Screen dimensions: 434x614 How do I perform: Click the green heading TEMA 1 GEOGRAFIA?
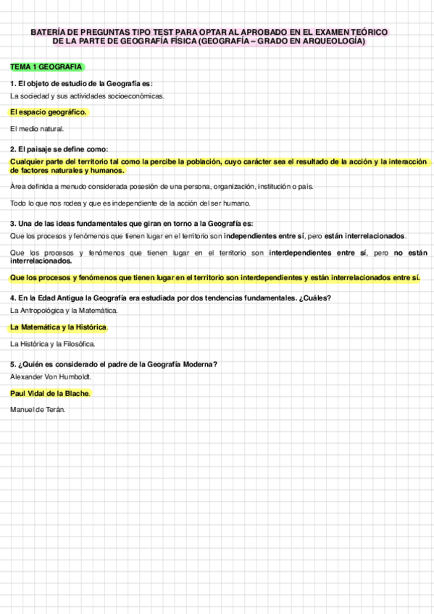pos(46,67)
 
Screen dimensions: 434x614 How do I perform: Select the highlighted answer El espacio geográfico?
pos(48,112)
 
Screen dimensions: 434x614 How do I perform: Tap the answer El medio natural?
pos(37,129)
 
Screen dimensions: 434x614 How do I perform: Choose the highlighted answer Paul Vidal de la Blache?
pos(50,393)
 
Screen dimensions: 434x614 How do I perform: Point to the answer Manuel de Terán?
pos(38,410)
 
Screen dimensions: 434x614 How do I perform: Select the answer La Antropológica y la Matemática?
pos(64,311)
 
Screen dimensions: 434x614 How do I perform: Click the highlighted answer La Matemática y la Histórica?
pos(59,327)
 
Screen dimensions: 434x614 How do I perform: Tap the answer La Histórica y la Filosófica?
pos(53,344)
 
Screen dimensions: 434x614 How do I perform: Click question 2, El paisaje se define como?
pos(59,149)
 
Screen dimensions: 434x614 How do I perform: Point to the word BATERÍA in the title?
pos(47,33)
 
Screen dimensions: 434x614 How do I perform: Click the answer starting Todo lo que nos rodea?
pos(130,203)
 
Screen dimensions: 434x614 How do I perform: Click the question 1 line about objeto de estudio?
pos(81,83)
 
